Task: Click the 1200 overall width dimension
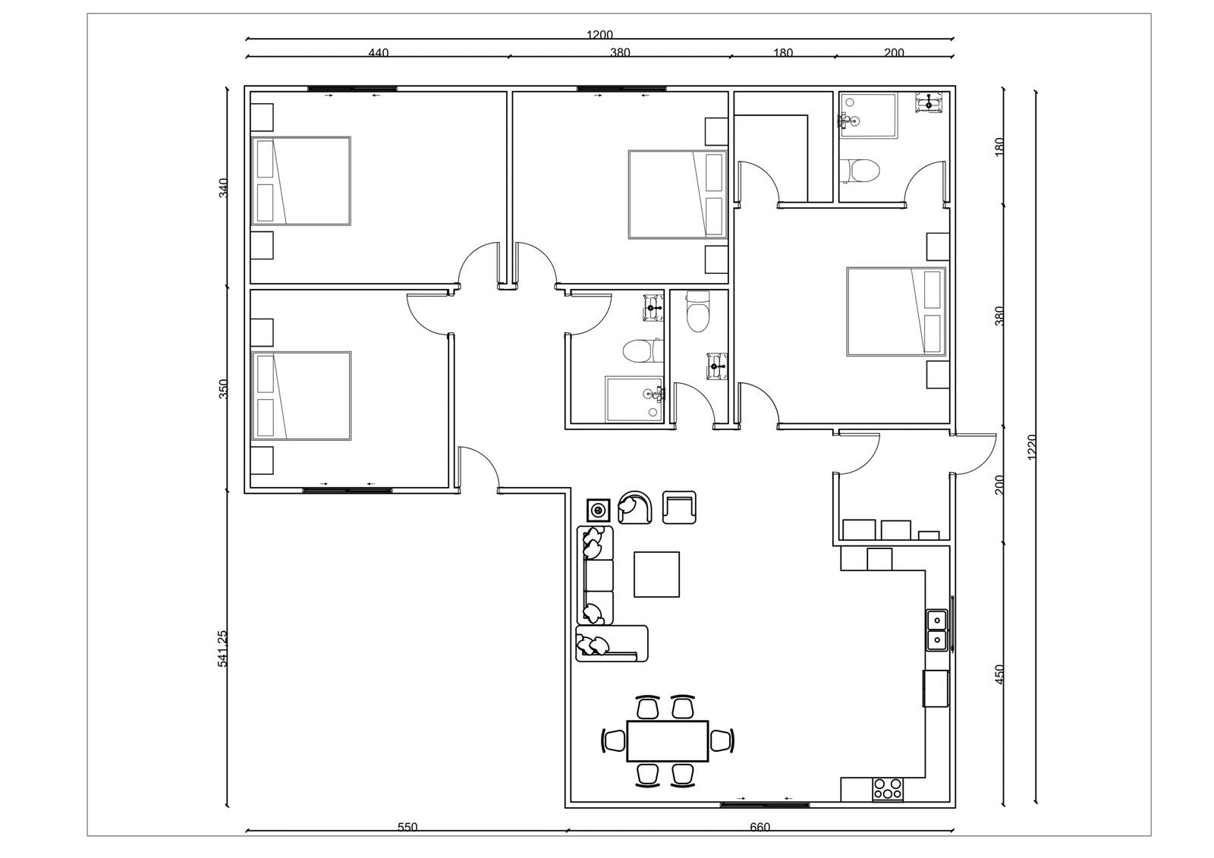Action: [x=599, y=35]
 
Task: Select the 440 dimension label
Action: [x=379, y=53]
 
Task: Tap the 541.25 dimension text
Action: [x=223, y=649]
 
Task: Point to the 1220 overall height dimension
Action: [x=1031, y=447]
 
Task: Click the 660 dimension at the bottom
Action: [x=760, y=828]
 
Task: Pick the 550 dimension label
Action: [x=407, y=828]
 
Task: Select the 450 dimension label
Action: [x=1000, y=674]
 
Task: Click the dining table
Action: [x=668, y=741]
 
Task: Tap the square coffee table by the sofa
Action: [x=657, y=574]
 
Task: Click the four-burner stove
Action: [x=888, y=789]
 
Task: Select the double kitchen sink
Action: [x=936, y=630]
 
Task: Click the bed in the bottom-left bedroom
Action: [x=301, y=396]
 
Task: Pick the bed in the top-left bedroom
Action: [x=301, y=181]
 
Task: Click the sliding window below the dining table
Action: [x=765, y=805]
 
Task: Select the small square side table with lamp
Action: [x=599, y=511]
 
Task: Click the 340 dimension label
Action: [x=223, y=187]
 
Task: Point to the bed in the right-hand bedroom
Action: [x=896, y=312]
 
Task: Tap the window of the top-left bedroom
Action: [x=352, y=89]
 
